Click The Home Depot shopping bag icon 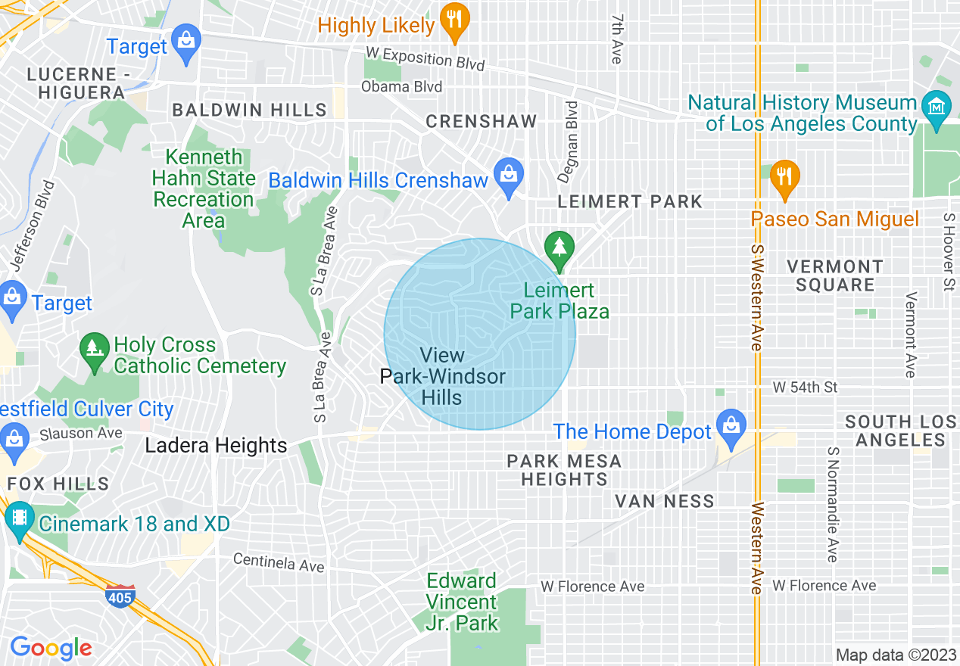tap(731, 427)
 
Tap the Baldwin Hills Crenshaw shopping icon tap(508, 176)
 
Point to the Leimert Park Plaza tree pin tap(559, 249)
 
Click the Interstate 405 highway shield tap(120, 597)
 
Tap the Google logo tap(51, 648)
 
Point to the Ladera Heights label tap(216, 446)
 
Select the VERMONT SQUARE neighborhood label tap(834, 275)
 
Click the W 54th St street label tap(805, 387)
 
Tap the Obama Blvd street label tap(401, 87)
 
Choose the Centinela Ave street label tap(279, 562)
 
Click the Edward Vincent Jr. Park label tap(462, 602)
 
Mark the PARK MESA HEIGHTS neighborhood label tap(563, 469)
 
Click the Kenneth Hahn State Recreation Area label tap(204, 188)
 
